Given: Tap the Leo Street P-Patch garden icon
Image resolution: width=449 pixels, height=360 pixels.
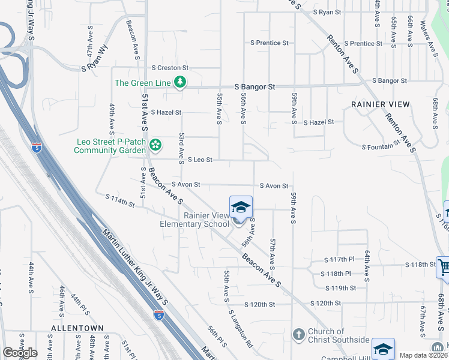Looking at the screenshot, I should click(155, 145).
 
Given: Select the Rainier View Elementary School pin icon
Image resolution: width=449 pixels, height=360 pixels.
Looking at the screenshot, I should click(241, 208).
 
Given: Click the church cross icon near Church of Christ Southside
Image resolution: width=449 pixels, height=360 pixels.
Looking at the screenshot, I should click(298, 334).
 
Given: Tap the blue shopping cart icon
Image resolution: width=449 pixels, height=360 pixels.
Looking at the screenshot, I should click(444, 266).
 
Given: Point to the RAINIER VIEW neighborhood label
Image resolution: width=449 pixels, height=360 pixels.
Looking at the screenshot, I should click(381, 104).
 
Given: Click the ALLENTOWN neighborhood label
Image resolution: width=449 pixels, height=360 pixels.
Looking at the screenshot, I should click(77, 345).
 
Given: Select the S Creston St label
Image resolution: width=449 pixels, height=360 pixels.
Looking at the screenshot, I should click(170, 68).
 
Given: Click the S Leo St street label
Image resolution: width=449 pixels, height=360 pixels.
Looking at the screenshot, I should click(200, 160).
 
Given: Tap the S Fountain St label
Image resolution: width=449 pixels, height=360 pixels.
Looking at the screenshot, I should click(381, 145).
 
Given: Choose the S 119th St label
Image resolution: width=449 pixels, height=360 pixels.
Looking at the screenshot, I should click(344, 288).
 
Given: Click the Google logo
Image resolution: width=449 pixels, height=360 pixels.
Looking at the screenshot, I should click(20, 353).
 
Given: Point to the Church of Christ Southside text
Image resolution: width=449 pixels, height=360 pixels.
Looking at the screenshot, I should click(338, 335).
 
